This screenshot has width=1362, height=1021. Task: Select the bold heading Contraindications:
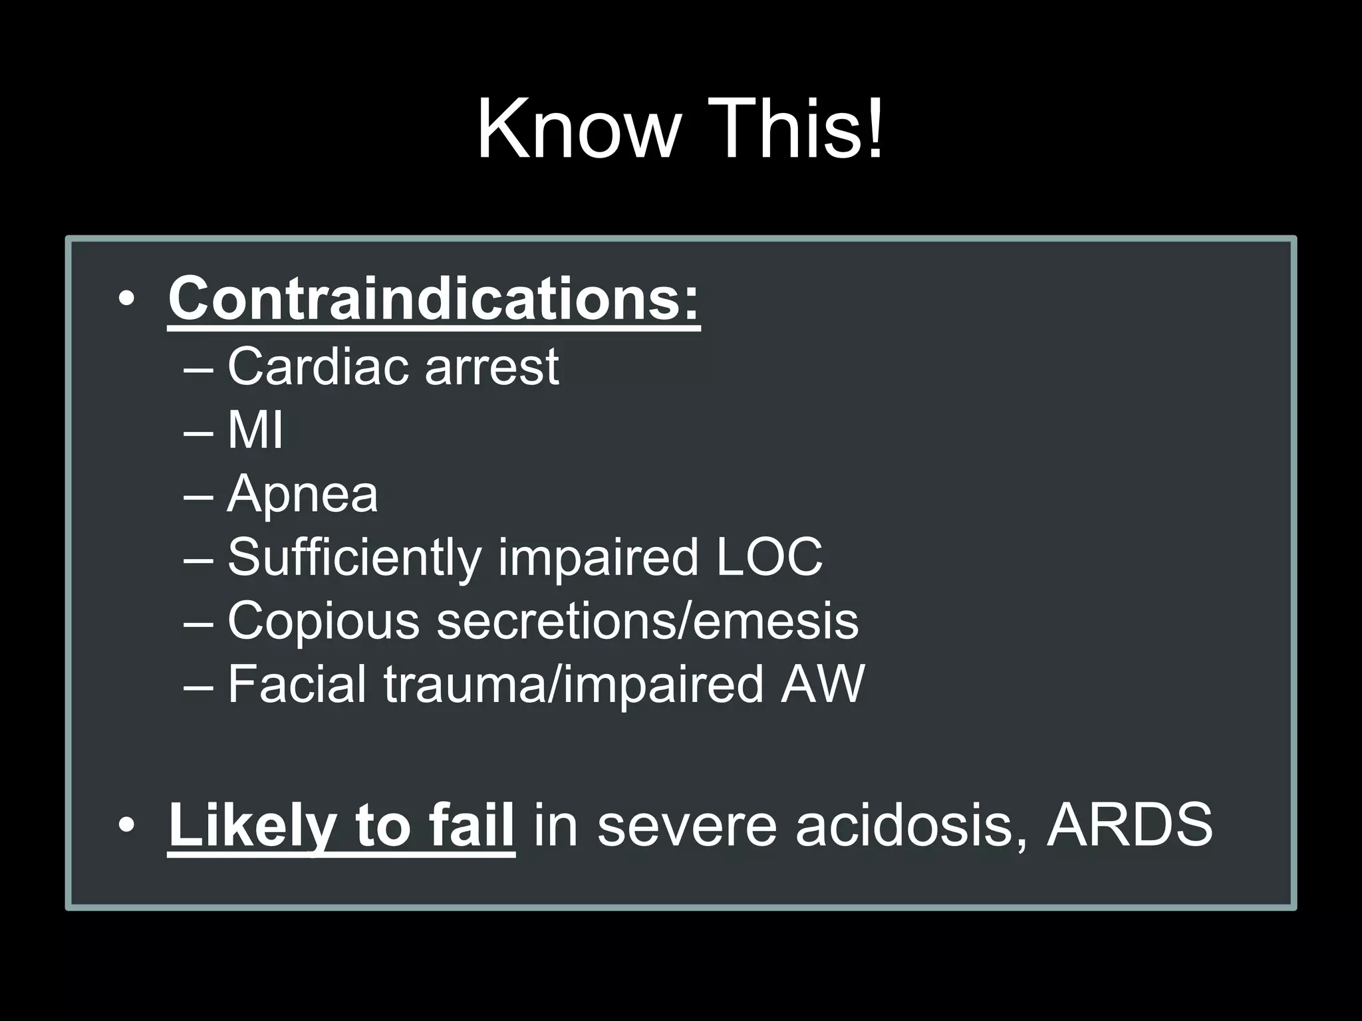coord(434,298)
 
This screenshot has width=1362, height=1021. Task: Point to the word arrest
coord(492,367)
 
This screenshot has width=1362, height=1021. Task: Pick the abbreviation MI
coord(255,429)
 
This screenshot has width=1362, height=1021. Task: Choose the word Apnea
coord(303,495)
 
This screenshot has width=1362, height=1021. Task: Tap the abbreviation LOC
coord(769,557)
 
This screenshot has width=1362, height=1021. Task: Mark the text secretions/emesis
coord(647,621)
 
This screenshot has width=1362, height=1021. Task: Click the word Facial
coord(297,684)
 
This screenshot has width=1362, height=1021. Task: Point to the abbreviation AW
coord(823,684)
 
